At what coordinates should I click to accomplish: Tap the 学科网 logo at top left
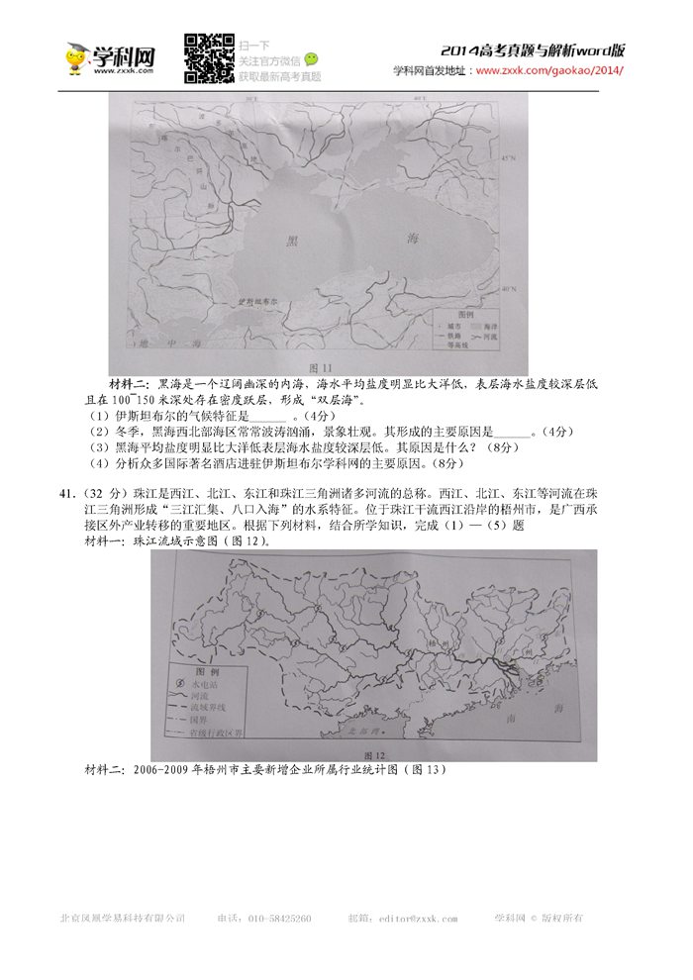[x=111, y=57]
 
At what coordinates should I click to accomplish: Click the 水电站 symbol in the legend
[x=180, y=683]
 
